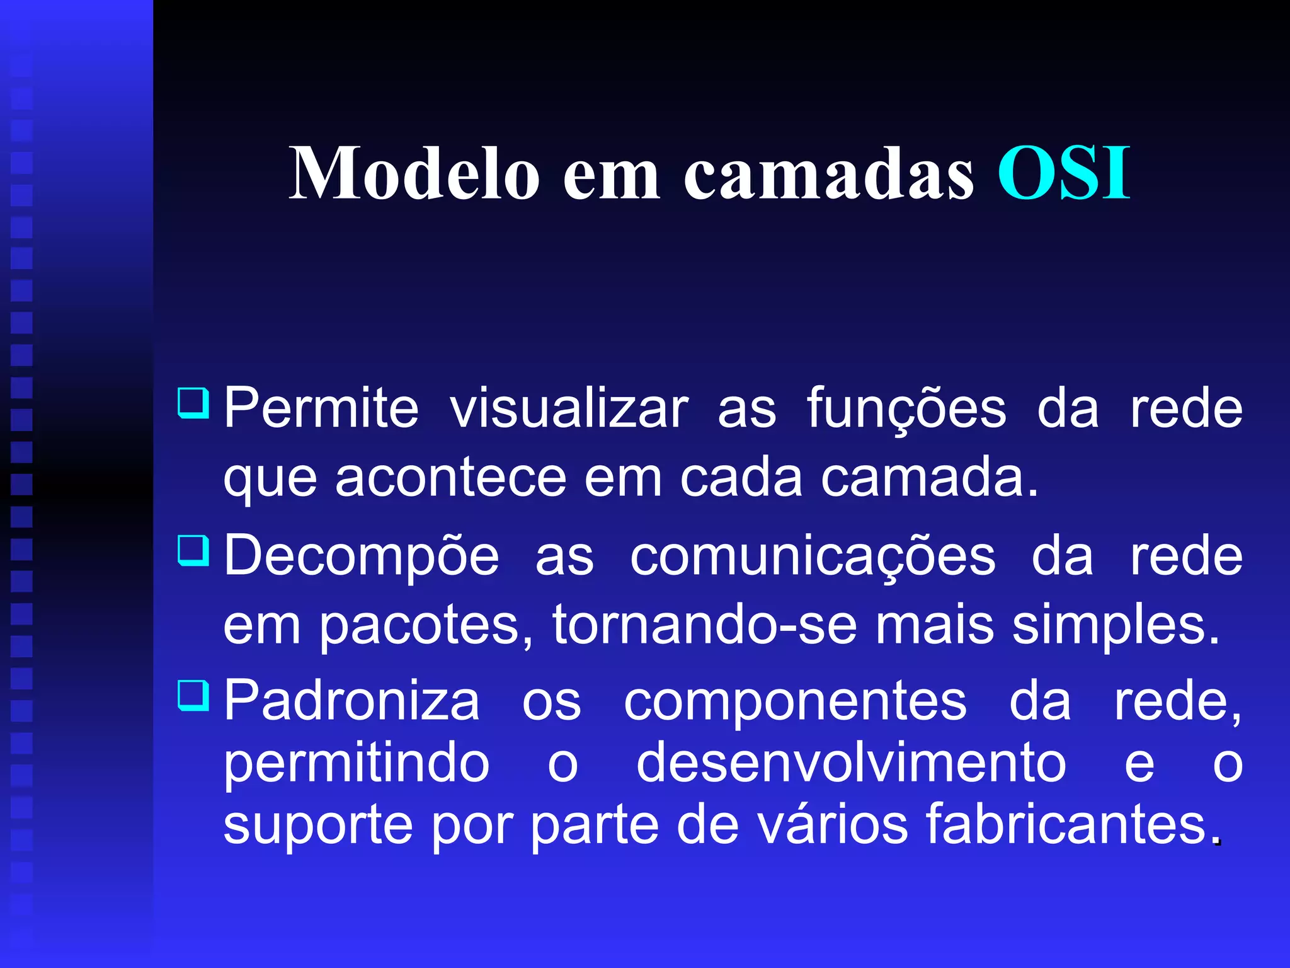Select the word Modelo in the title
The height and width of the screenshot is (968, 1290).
pyautogui.click(x=414, y=173)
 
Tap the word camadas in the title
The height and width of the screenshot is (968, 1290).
pyautogui.click(x=829, y=174)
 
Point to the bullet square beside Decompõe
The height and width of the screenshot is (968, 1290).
pyautogui.click(x=193, y=550)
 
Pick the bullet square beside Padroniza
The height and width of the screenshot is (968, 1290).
pyautogui.click(x=193, y=694)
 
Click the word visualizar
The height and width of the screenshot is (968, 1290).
pyautogui.click(x=569, y=410)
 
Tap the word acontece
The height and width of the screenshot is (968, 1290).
pyautogui.click(x=451, y=478)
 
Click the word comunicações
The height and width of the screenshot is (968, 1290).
pyautogui.click(x=813, y=557)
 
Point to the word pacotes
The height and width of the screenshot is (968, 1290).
pyautogui.click(x=427, y=626)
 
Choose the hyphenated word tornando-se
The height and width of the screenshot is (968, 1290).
pyautogui.click(x=704, y=625)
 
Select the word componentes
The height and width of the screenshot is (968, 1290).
pyautogui.click(x=795, y=702)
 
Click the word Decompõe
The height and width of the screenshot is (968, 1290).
pyautogui.click(x=362, y=557)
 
